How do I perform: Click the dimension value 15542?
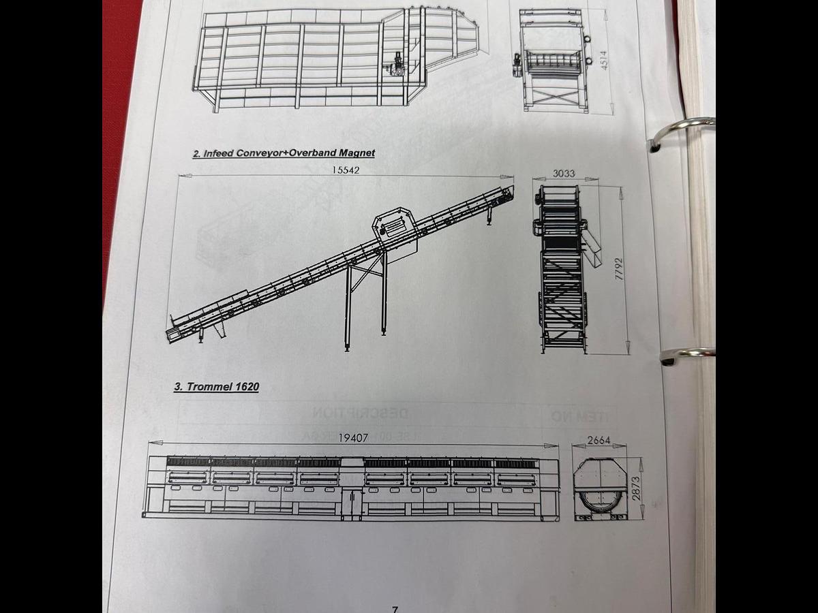point(346,170)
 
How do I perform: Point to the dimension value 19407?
point(353,438)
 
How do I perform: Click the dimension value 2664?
point(599,440)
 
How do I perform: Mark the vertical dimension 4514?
point(603,60)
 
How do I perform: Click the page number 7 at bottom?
point(395,608)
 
